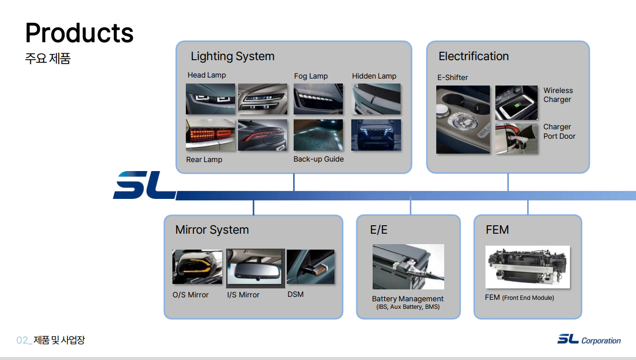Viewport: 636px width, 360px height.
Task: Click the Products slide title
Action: pyautogui.click(x=79, y=33)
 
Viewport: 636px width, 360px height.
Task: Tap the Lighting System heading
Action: pyautogui.click(x=233, y=56)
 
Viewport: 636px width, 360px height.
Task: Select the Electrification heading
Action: pyautogui.click(x=474, y=56)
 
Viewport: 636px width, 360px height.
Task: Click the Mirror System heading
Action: pyautogui.click(x=212, y=230)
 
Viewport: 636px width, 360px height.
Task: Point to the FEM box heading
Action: pyautogui.click(x=497, y=230)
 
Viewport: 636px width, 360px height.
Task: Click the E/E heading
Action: pyautogui.click(x=379, y=230)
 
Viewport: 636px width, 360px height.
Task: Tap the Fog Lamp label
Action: pyautogui.click(x=311, y=76)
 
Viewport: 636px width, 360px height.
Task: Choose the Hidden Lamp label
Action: pyautogui.click(x=374, y=76)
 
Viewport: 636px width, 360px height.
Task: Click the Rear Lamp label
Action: pyautogui.click(x=204, y=160)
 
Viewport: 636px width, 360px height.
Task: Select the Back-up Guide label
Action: pyautogui.click(x=318, y=159)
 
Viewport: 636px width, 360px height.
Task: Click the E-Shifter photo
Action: pyautogui.click(x=463, y=119)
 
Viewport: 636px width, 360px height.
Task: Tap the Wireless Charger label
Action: pyautogui.click(x=558, y=95)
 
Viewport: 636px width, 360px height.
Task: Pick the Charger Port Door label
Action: pyautogui.click(x=559, y=132)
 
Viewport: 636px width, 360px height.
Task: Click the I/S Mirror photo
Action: pyautogui.click(x=255, y=267)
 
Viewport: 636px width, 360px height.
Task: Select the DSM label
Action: pyautogui.click(x=296, y=294)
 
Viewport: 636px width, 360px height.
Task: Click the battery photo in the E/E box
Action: pyautogui.click(x=408, y=267)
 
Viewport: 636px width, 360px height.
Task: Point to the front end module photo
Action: pyautogui.click(x=527, y=267)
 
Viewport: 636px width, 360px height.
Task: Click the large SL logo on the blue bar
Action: pyautogui.click(x=144, y=185)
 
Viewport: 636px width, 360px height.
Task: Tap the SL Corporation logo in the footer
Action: pyautogui.click(x=589, y=340)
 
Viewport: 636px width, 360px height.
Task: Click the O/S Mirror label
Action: pyautogui.click(x=190, y=295)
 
